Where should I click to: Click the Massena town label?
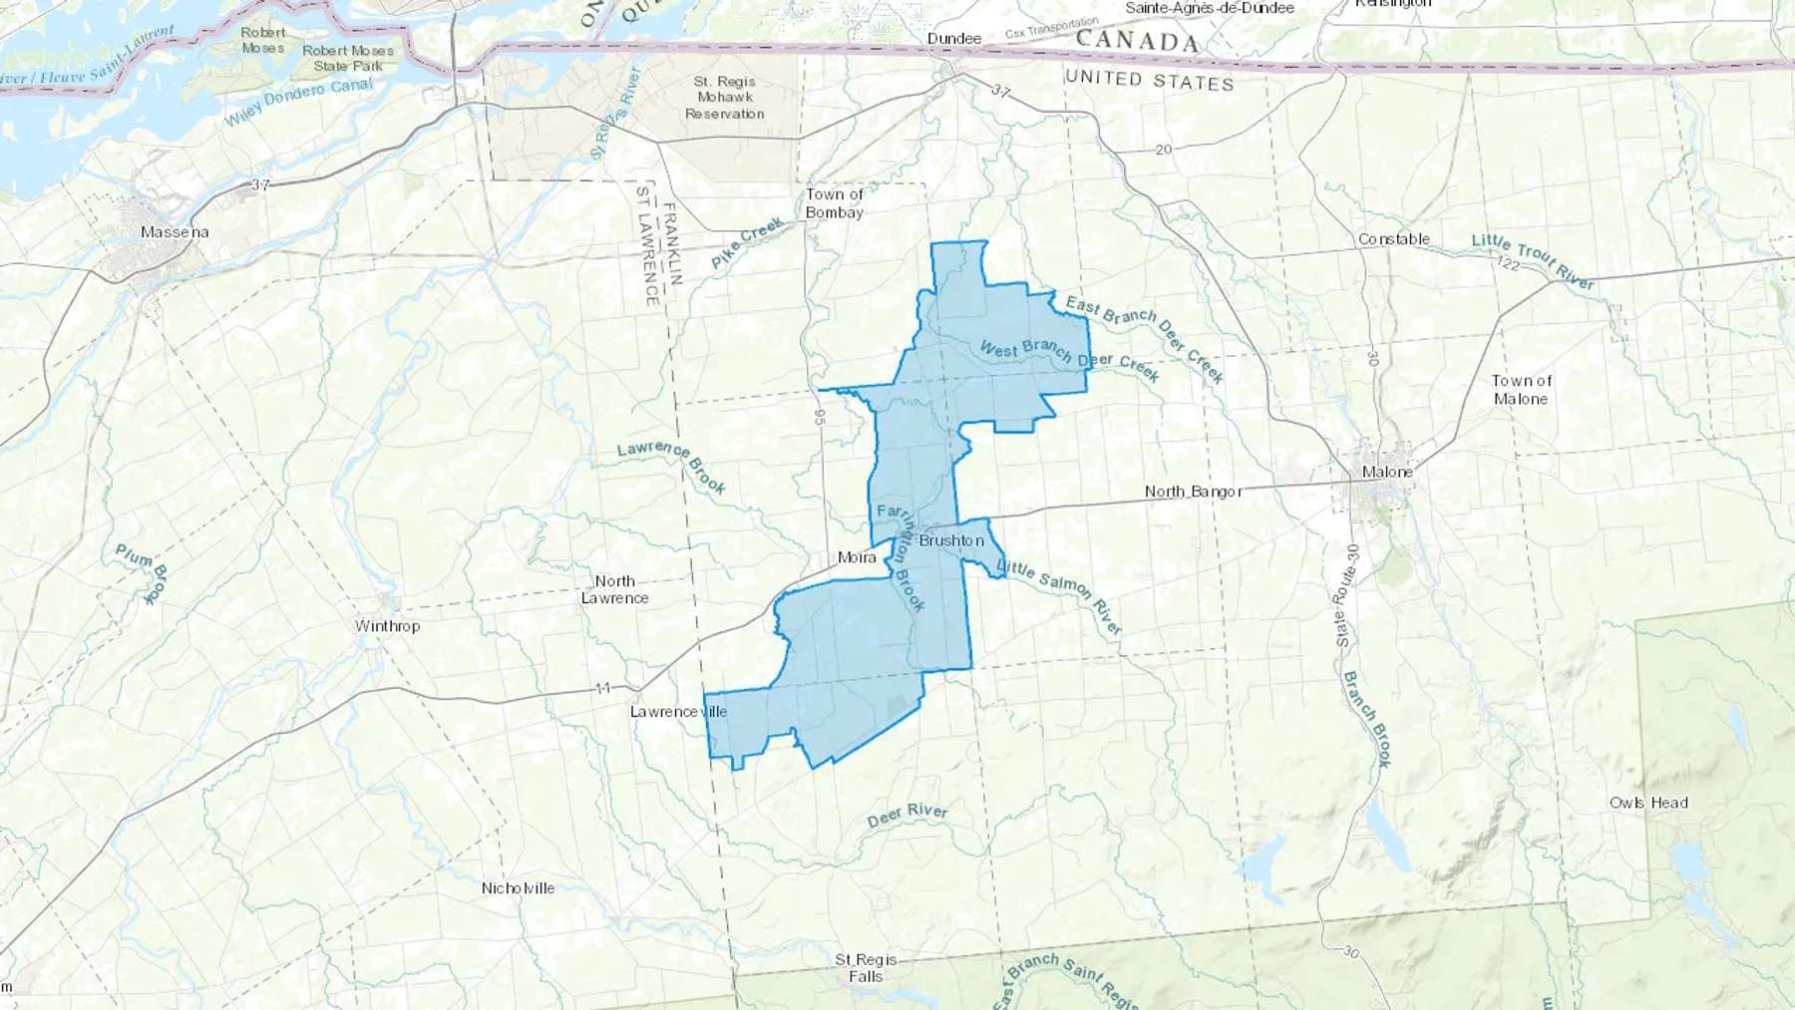175,232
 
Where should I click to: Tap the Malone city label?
1387,472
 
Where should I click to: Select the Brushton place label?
950,540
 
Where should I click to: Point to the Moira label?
857,557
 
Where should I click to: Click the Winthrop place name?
387,626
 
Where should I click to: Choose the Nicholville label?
518,888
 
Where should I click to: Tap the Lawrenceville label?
678,712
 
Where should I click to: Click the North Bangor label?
1193,492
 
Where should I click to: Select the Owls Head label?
1648,803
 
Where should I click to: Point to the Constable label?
1393,239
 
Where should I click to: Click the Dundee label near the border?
954,39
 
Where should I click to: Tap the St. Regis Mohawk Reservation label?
725,98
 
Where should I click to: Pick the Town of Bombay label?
835,203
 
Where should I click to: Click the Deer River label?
907,816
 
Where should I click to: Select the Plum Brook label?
143,573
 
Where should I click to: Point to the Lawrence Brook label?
672,466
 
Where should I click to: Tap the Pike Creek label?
748,243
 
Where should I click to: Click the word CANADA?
1137,41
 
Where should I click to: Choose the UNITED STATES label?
1149,80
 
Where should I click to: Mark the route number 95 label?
820,417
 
